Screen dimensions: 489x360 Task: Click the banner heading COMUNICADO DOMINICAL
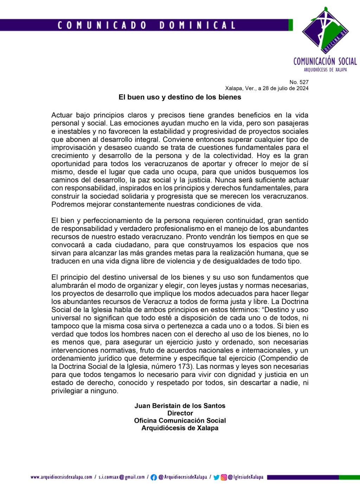tap(146, 25)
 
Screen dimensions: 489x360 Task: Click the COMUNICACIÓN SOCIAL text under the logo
tap(325, 61)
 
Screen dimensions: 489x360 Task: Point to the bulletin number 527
tap(299, 82)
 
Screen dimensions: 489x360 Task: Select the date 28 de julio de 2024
tap(285, 88)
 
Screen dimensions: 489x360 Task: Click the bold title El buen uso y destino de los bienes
tap(180, 97)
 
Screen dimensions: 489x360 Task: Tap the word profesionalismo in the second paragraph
tap(185, 229)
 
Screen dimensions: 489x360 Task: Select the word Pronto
tap(197, 237)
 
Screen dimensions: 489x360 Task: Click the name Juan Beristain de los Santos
tap(180, 406)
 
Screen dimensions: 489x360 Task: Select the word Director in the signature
tap(180, 413)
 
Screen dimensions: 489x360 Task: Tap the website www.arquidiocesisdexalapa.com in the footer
tap(61, 477)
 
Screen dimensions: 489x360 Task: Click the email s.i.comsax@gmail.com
tap(122, 477)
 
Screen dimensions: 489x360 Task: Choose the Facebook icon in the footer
tap(154, 477)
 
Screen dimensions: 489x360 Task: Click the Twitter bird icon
tap(216, 477)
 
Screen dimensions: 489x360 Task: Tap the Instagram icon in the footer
tap(224, 477)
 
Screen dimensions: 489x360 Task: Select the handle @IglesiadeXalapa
tap(246, 477)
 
